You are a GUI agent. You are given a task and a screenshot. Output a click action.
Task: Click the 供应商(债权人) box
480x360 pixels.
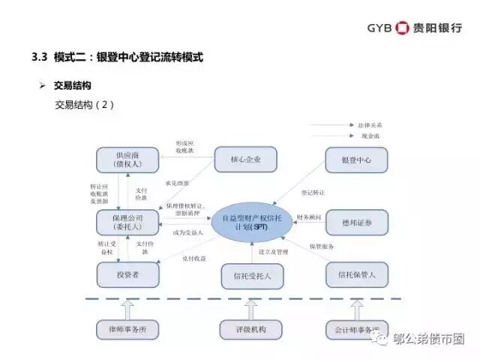pyautogui.click(x=128, y=159)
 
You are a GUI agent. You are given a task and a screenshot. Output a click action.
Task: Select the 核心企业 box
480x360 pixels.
pyautogui.click(x=245, y=159)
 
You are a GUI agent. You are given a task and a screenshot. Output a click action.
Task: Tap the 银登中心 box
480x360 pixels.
pyautogui.click(x=356, y=159)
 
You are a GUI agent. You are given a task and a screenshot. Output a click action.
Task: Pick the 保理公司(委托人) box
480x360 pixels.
pyautogui.click(x=128, y=222)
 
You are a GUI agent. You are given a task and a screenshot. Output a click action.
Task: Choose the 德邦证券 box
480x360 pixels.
pyautogui.click(x=356, y=222)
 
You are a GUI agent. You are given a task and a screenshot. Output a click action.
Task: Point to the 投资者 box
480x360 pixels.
pyautogui.click(x=128, y=274)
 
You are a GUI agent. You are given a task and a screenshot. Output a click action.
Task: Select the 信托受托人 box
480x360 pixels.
pyautogui.click(x=252, y=275)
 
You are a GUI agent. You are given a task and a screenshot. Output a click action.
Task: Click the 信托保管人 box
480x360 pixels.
pyautogui.click(x=356, y=274)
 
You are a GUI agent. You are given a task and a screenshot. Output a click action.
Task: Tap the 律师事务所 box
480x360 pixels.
pyautogui.click(x=128, y=329)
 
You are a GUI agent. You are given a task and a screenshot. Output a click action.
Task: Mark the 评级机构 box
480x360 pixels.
pyautogui.click(x=252, y=329)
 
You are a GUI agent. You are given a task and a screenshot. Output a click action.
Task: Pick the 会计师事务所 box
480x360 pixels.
pyautogui.click(x=356, y=329)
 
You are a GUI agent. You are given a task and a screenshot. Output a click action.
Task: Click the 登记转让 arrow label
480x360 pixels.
pyautogui.click(x=313, y=193)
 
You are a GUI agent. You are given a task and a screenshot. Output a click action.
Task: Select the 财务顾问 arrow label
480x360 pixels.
pyautogui.click(x=309, y=217)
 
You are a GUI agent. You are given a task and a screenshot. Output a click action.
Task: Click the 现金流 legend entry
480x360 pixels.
pyautogui.click(x=368, y=136)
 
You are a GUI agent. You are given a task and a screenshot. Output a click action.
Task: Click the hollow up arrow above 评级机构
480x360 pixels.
pyautogui.click(x=252, y=308)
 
